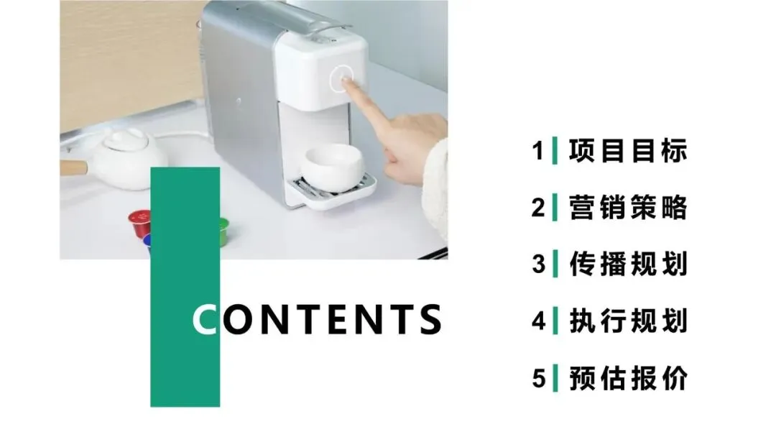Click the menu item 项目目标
627,152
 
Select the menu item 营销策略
627,208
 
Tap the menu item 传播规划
627,264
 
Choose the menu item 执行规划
627,321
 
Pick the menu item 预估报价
627,377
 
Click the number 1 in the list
538,152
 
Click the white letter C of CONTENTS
205,320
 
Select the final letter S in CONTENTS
428,320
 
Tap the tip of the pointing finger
348,83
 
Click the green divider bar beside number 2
554,208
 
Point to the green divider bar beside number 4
554,321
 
